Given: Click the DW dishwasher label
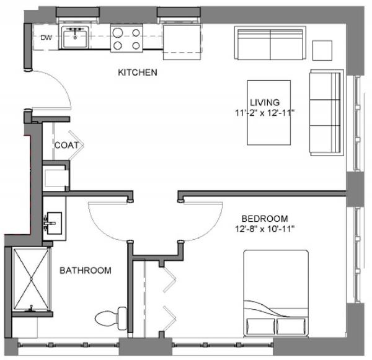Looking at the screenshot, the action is pos(46,37).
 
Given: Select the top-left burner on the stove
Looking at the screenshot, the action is pos(118,32).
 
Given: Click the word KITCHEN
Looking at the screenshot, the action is pos(138,72).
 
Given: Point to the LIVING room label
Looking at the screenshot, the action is pos(265,102).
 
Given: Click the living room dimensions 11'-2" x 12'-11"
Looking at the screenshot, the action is pos(265,113).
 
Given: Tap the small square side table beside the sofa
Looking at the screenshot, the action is pos(322,50).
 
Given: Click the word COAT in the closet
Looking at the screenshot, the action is pos(67,145).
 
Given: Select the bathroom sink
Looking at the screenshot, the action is pos(55,223).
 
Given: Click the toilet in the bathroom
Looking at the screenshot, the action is pos(111,318).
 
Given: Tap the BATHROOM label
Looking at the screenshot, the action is pos(86,270).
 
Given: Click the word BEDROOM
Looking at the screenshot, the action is pos(265,219).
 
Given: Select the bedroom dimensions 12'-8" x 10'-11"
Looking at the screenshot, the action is pos(265,229).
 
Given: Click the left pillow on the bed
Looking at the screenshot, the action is pos(260,327).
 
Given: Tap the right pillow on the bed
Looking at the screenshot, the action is pos(291,327).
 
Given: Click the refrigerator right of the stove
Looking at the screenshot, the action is pos(182,42).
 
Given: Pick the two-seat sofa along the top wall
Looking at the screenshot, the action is pos(270,43).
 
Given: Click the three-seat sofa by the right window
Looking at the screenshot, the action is pos(327,113).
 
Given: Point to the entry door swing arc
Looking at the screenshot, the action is pos(59,81).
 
